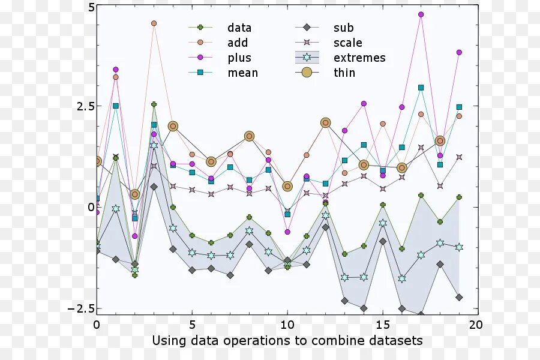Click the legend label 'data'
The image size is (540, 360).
click(239, 28)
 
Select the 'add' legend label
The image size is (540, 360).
click(238, 43)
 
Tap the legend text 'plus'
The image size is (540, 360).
click(239, 58)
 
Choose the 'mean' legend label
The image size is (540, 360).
click(242, 73)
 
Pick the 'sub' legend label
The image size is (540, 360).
click(344, 28)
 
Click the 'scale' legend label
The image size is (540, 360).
click(348, 43)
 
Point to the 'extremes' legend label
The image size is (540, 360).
click(359, 58)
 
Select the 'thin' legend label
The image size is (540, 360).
click(344, 73)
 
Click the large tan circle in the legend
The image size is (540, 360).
click(307, 73)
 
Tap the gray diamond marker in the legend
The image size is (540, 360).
click(307, 28)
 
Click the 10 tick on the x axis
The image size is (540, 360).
click(287, 325)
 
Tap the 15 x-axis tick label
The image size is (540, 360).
click(382, 325)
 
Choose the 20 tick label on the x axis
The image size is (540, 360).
click(475, 325)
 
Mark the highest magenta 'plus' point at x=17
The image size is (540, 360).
click(421, 14)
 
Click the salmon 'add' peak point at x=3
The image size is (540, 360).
click(154, 23)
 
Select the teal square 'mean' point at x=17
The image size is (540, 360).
click(421, 88)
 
